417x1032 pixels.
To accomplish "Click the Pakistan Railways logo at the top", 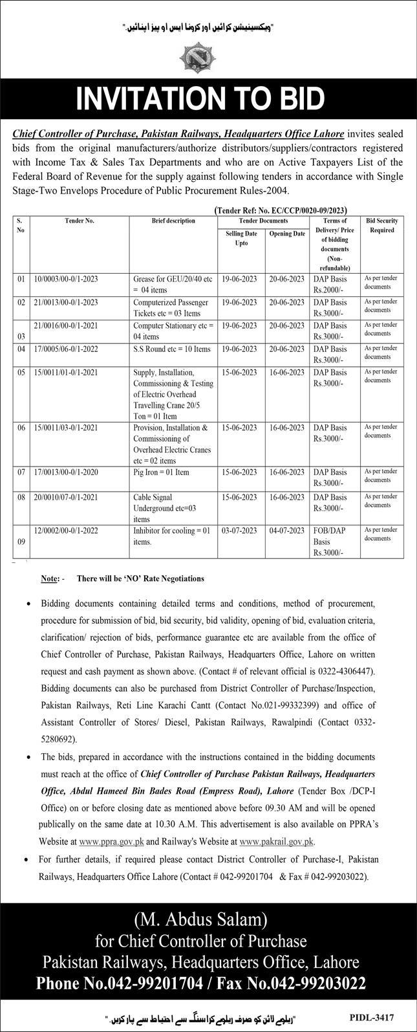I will (x=208, y=56).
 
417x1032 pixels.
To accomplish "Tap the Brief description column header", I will (x=173, y=221).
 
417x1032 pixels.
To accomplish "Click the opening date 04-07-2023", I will (x=286, y=530).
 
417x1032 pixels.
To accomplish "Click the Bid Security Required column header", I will (x=381, y=225).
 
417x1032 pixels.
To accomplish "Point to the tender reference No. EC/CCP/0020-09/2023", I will (x=281, y=210).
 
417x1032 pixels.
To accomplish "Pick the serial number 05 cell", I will (x=21, y=373).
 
